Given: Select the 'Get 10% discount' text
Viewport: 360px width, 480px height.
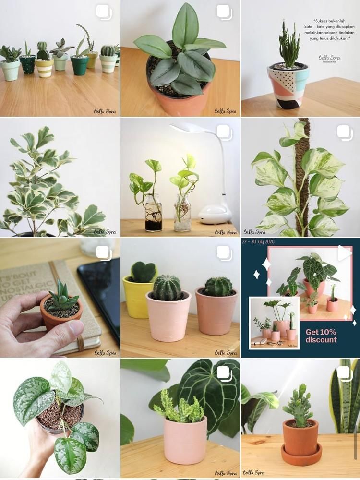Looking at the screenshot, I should click(x=321, y=336).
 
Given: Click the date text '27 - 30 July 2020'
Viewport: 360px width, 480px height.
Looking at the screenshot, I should click(x=262, y=242).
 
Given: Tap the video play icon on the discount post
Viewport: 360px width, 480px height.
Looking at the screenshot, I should click(x=344, y=253).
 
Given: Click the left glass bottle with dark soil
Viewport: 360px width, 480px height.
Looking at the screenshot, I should click(x=154, y=214).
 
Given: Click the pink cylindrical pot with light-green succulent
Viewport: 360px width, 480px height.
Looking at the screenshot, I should click(x=185, y=439).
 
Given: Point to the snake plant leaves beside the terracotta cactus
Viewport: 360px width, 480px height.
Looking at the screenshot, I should click(x=346, y=398).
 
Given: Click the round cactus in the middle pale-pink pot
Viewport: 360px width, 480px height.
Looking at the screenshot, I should click(x=167, y=288).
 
